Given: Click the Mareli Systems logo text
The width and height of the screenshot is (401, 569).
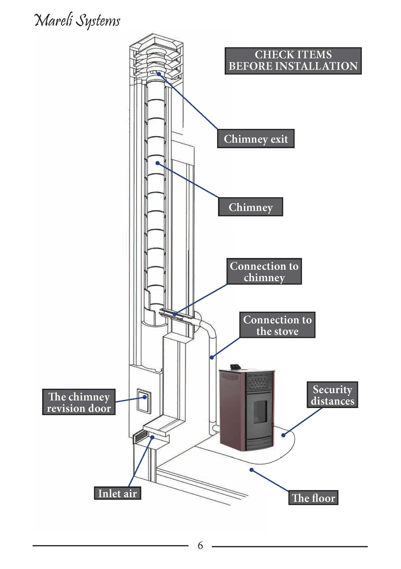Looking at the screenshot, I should click(77, 21).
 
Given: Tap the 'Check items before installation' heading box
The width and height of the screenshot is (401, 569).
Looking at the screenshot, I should click(293, 61).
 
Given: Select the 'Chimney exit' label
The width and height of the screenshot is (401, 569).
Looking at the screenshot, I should click(255, 139).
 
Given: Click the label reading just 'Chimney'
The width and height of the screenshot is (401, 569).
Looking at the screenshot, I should click(250, 207).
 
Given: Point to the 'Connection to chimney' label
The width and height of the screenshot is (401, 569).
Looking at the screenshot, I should click(264, 271).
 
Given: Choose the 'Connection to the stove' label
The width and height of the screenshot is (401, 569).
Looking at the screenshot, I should click(277, 325).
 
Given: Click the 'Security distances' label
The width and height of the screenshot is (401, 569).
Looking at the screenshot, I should click(332, 395).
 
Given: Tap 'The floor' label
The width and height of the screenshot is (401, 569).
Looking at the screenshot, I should click(313, 498).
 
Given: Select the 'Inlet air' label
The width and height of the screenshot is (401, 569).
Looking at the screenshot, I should click(117, 493).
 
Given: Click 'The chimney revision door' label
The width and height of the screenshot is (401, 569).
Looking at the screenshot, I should click(79, 402).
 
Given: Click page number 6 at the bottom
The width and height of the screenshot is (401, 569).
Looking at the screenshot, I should click(200, 546).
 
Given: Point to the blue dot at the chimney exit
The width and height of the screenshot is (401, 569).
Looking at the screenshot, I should click(159, 74).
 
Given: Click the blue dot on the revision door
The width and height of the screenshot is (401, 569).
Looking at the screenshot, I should click(145, 397).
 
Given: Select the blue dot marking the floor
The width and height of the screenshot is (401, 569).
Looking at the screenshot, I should click(251, 470).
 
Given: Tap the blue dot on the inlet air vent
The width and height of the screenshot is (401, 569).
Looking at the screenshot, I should click(152, 437).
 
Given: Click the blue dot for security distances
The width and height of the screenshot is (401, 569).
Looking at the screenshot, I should click(283, 435).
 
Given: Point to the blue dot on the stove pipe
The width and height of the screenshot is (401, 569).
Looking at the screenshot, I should click(212, 358).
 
